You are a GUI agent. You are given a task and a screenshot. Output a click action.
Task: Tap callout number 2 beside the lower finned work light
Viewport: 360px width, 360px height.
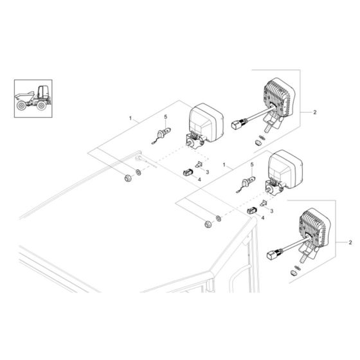pyautogui.click(x=350, y=242)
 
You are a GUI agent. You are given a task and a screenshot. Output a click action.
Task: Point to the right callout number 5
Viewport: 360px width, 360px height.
pyautogui.click(x=251, y=166)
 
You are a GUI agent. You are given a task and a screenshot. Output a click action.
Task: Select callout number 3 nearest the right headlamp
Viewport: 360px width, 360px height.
pyautogui.click(x=271, y=210)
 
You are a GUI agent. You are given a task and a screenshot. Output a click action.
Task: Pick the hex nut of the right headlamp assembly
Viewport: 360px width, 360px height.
pyautogui.click(x=207, y=223)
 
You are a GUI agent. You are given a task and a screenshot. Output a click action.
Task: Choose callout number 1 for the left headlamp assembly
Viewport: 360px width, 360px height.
pyautogui.click(x=130, y=119)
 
